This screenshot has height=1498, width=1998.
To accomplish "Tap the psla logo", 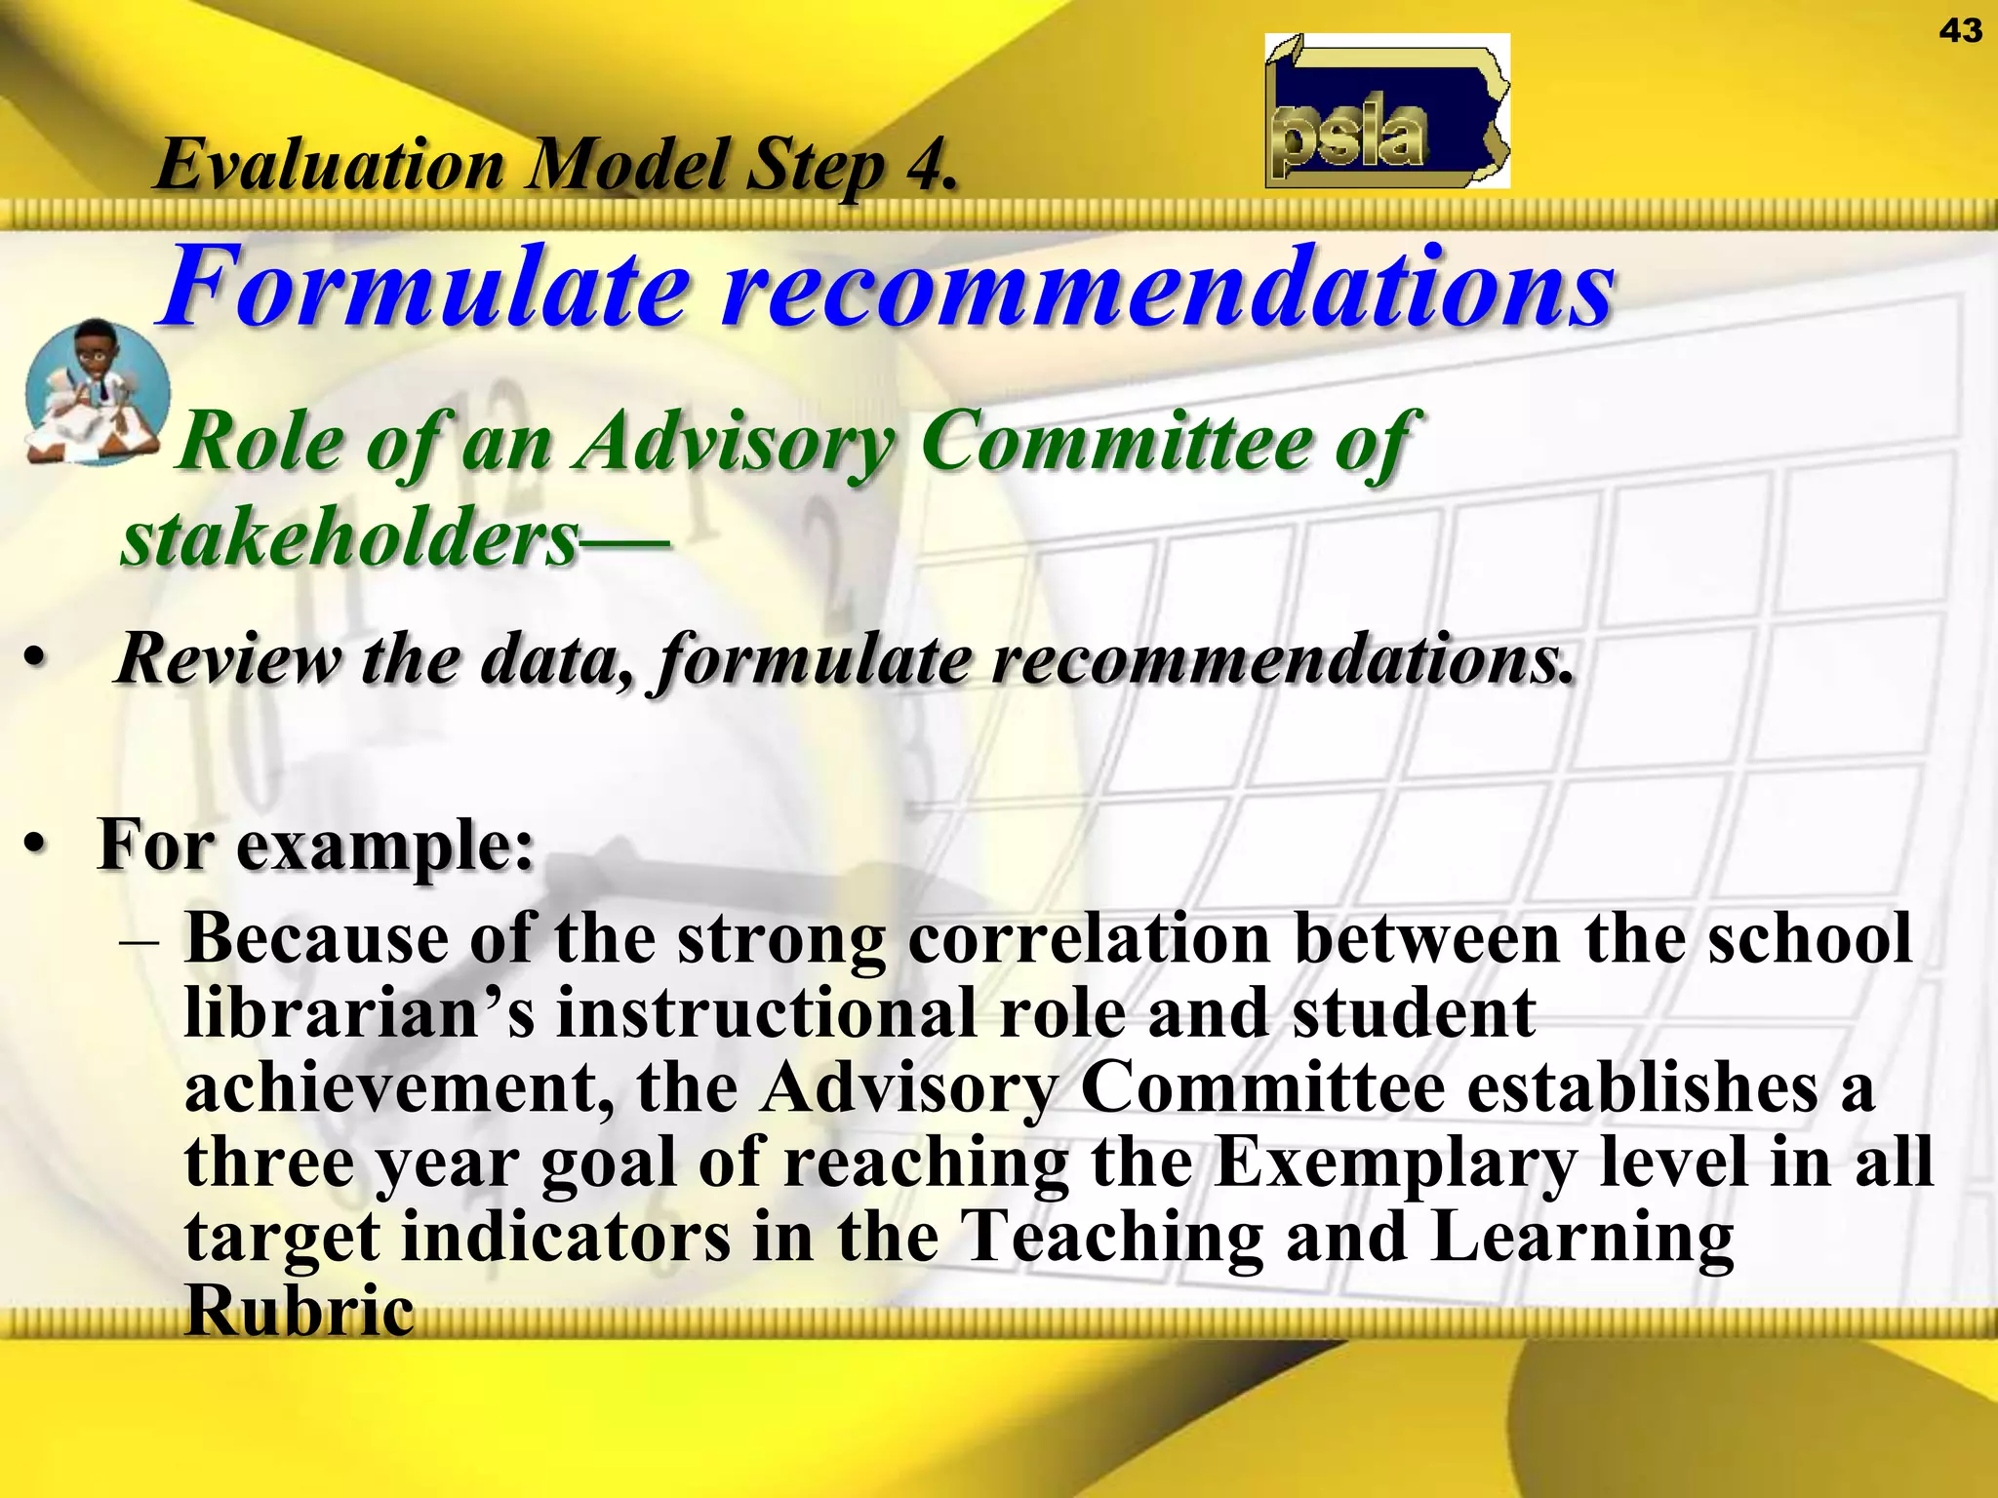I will pyautogui.click(x=1386, y=111).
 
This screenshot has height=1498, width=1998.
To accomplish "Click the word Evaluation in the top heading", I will pyautogui.click(x=330, y=165).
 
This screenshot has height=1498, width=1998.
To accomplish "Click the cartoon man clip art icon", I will pyautogui.click(x=96, y=392).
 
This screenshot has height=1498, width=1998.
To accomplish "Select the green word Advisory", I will pyautogui.click(x=737, y=443).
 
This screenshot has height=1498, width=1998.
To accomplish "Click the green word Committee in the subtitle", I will pyautogui.click(x=1117, y=443).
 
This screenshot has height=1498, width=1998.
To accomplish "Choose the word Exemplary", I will pyautogui.click(x=1395, y=1163).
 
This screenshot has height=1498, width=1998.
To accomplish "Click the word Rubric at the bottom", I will pyautogui.click(x=300, y=1312).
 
